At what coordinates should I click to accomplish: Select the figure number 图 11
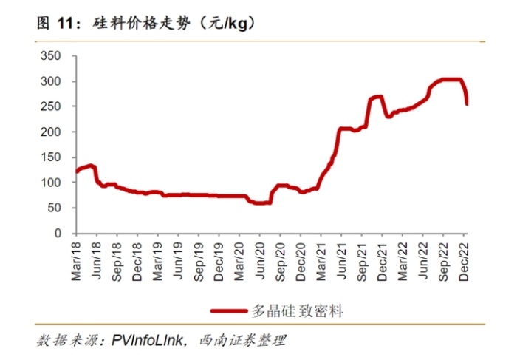(57, 24)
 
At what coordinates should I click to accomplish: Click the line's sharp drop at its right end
(466, 96)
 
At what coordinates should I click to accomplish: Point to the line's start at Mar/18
(76, 171)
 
